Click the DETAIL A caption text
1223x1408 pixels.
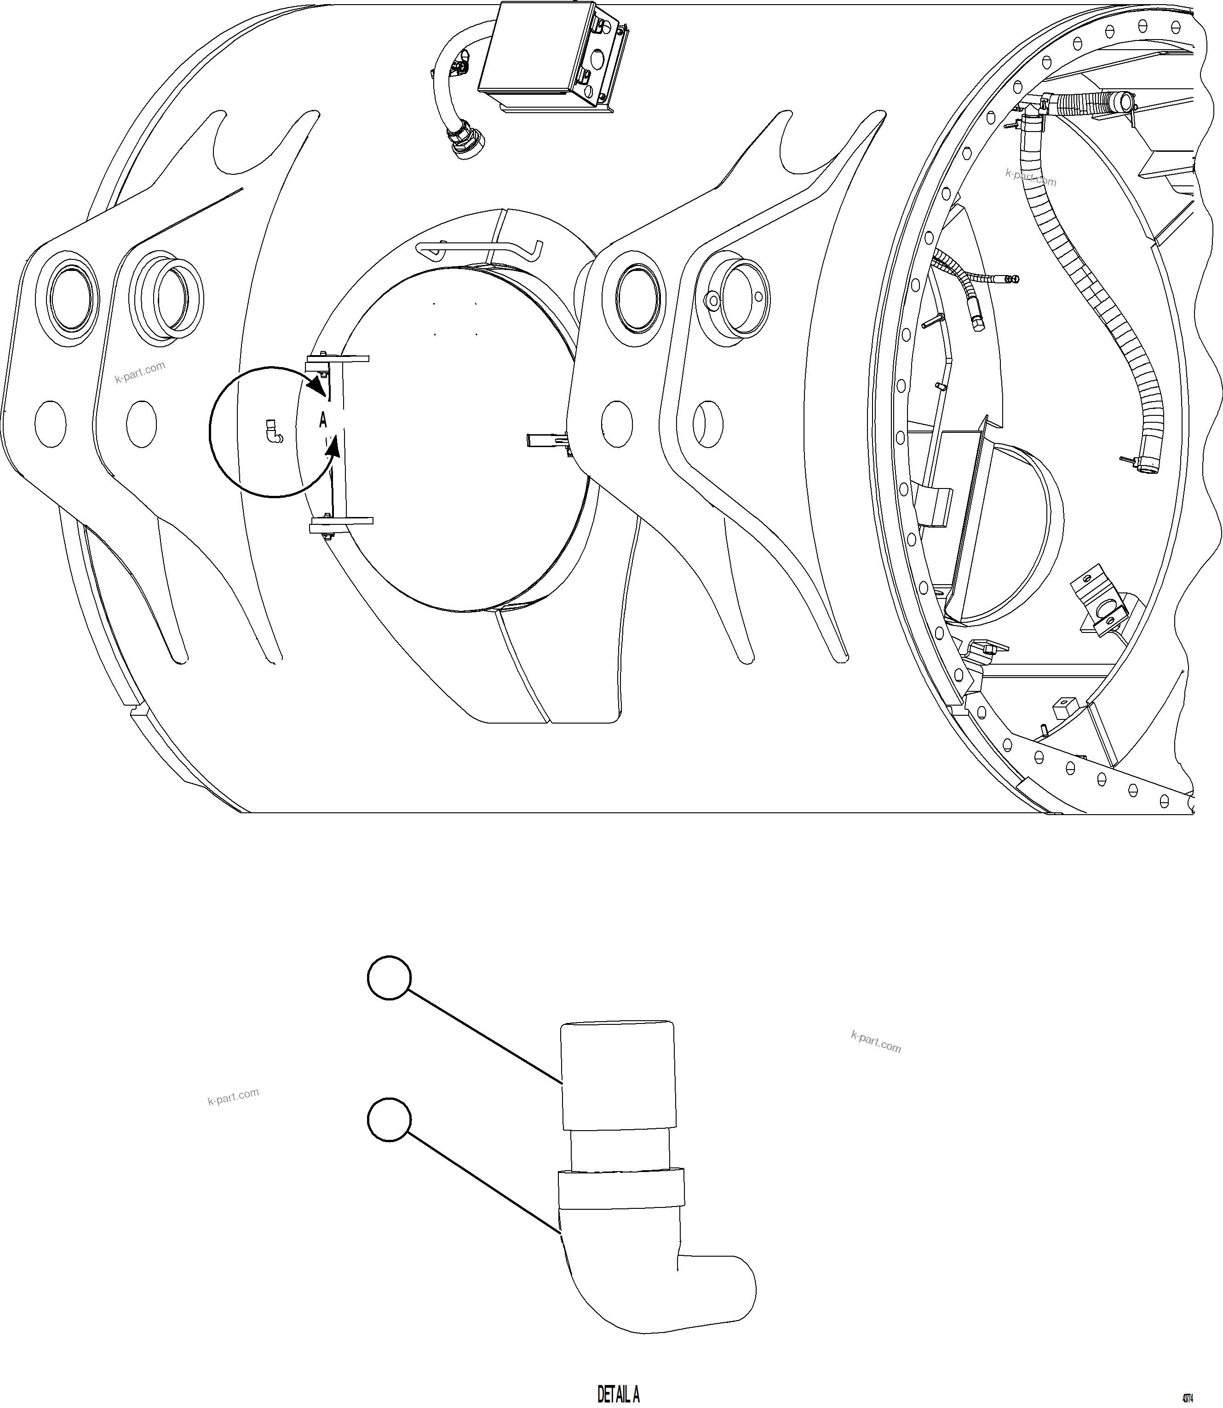pyautogui.click(x=618, y=1393)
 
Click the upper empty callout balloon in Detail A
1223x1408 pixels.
pyautogui.click(x=389, y=977)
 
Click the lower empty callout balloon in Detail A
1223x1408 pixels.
pyautogui.click(x=389, y=1119)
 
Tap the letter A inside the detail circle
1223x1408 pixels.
pyautogui.click(x=323, y=420)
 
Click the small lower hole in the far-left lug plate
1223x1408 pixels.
pyautogui.click(x=50, y=424)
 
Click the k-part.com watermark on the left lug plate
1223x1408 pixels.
pyautogui.click(x=140, y=372)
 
